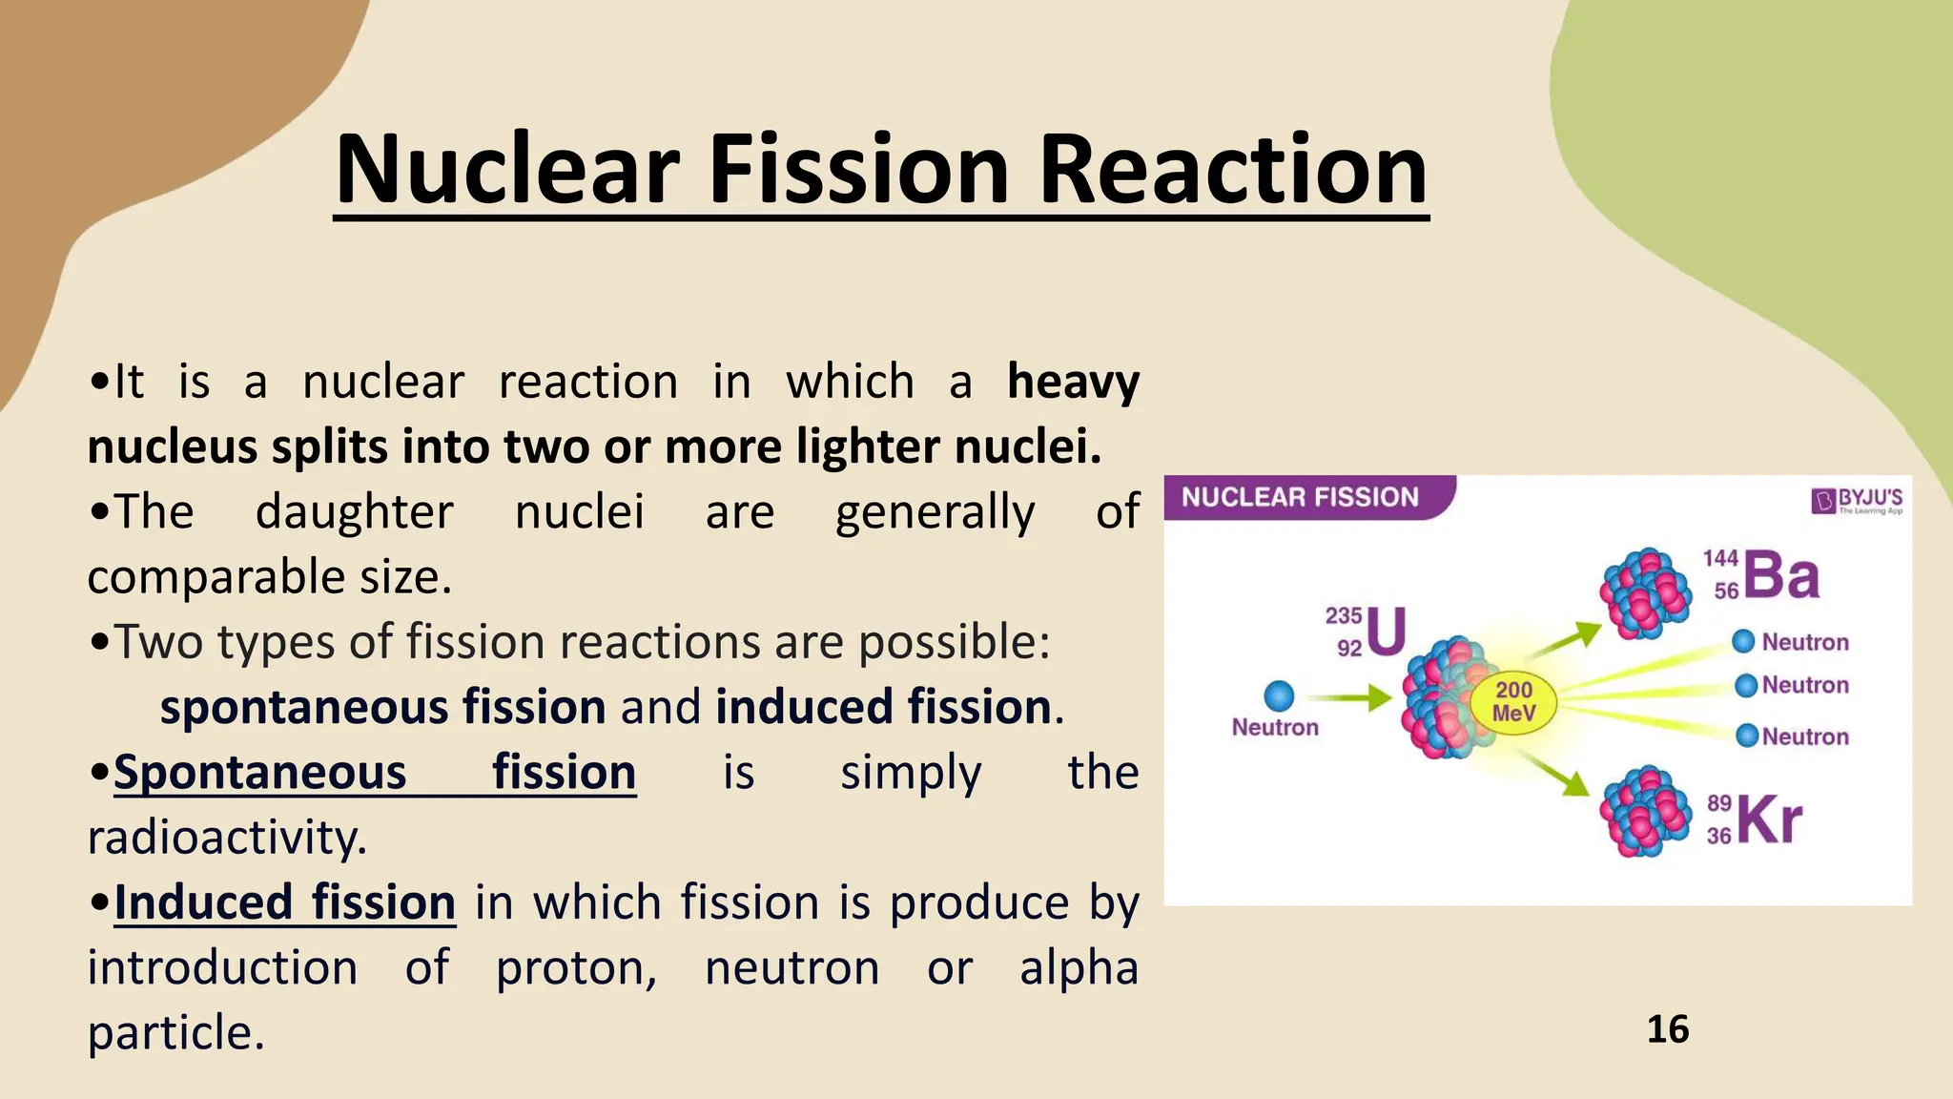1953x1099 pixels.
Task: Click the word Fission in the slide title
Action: tap(858, 170)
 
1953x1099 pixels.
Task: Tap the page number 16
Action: tap(1667, 1029)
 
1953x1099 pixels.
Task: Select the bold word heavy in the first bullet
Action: tap(1073, 382)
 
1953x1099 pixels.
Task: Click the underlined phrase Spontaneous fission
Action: tap(375, 772)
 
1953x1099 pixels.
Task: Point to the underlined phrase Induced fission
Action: tap(284, 902)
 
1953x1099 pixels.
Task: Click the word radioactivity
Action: tap(227, 838)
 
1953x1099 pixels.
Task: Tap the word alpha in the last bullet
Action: tap(1079, 967)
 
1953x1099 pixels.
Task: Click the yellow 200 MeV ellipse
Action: tap(1513, 702)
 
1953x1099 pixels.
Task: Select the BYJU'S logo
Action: tap(1857, 500)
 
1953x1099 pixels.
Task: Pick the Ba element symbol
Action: tap(1781, 575)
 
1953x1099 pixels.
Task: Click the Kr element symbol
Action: tap(1770, 819)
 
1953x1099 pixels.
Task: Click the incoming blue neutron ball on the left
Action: tap(1278, 695)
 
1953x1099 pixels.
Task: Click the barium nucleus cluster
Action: tap(1643, 592)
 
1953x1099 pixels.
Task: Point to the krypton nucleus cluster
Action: tap(1643, 812)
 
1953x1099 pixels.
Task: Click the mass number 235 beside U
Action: tap(1343, 616)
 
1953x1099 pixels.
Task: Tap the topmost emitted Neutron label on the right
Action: tap(1804, 642)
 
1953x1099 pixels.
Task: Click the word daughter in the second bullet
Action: tap(354, 512)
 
